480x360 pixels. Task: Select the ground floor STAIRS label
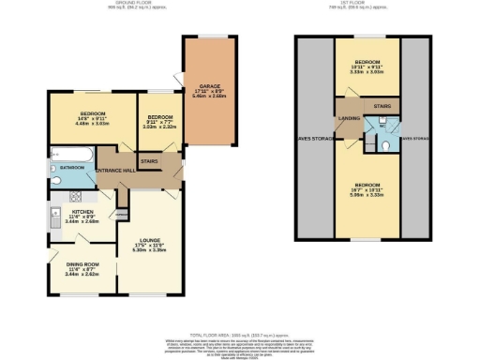tap(148, 161)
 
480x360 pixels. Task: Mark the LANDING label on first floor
tap(349, 118)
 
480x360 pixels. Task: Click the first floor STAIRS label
tap(381, 107)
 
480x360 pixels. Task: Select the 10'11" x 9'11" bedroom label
tap(367, 66)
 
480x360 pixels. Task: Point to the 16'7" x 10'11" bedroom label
tap(367, 186)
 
